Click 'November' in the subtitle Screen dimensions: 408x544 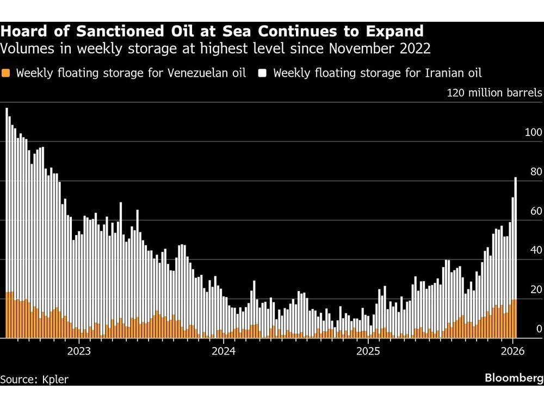360,49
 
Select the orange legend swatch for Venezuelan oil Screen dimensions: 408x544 6,73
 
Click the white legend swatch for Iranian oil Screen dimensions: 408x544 263,73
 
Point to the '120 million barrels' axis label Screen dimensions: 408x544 494,92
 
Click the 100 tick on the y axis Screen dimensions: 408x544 534,132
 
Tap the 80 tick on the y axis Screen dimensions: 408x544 536,171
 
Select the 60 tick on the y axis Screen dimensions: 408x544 536,211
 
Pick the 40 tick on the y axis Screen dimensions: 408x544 536,250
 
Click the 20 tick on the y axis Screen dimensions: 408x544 536,289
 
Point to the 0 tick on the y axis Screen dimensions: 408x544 539,329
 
